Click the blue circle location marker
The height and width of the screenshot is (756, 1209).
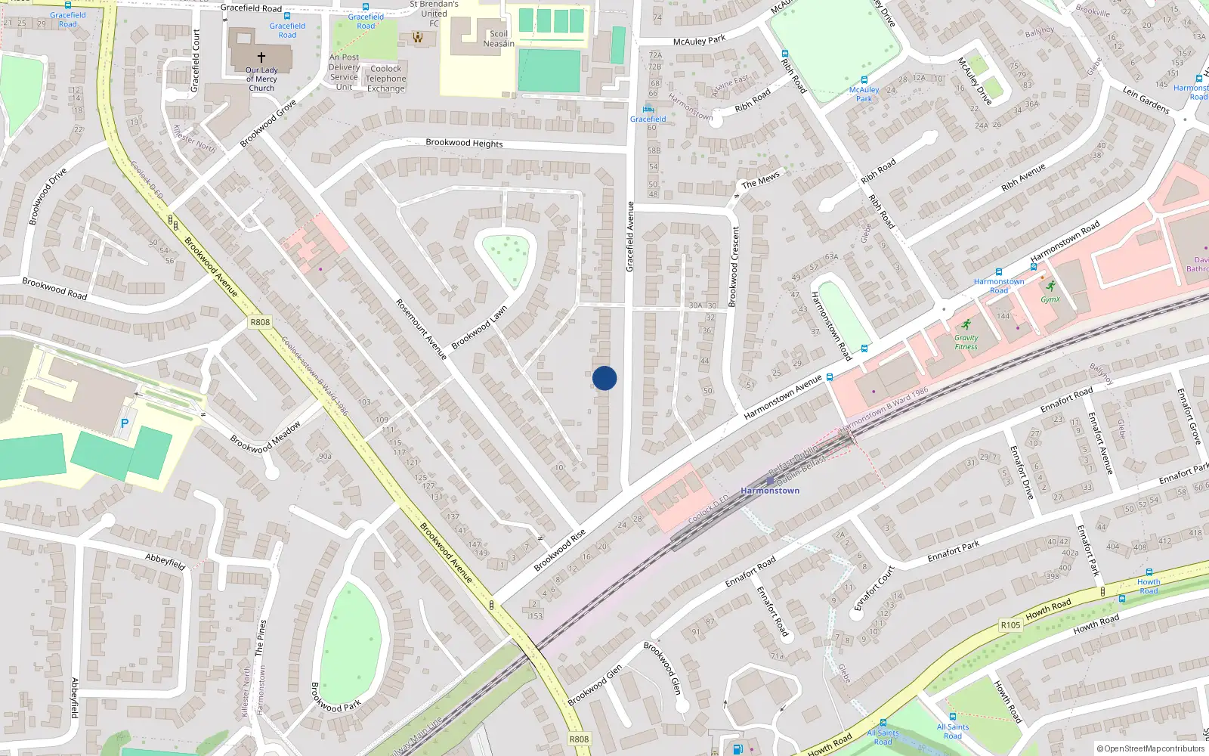[604, 378]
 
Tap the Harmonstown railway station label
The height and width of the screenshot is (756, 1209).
[770, 491]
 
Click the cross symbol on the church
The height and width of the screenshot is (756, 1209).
[261, 57]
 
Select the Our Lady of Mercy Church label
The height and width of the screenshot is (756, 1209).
[261, 79]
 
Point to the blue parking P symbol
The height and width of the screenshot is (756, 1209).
[125, 423]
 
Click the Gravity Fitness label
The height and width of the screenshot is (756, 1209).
[966, 342]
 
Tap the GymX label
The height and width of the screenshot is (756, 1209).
[1050, 299]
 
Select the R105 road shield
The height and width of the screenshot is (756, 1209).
[1010, 625]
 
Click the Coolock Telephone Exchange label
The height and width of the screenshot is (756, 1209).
[385, 79]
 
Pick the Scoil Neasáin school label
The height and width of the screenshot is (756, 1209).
[499, 39]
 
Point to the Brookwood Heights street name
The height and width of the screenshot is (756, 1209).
[464, 143]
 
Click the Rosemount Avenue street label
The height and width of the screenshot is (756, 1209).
[421, 329]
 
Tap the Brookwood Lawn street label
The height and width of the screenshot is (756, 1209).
[479, 327]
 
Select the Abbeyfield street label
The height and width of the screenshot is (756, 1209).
[165, 561]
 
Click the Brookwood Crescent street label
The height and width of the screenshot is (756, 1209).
[734, 267]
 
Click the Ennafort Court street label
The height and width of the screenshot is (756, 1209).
[874, 587]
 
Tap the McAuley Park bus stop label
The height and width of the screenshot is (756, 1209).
[864, 94]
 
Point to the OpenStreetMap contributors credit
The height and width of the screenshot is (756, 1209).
[1151, 748]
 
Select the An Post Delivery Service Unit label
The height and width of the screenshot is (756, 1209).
[344, 72]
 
